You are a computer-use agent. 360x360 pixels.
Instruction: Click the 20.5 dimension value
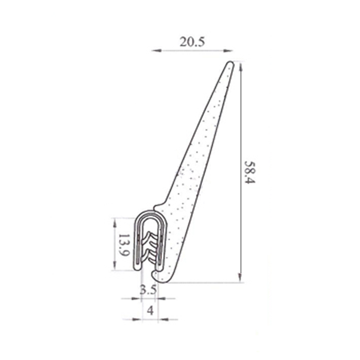192,42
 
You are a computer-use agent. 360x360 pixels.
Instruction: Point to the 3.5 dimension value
148,290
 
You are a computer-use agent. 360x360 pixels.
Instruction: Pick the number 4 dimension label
150,310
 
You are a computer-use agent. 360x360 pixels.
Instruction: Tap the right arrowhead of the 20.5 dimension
229,50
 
